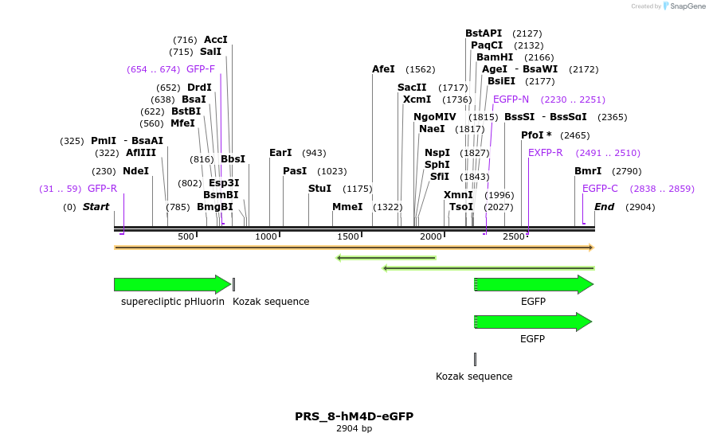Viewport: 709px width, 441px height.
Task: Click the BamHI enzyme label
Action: click(x=495, y=57)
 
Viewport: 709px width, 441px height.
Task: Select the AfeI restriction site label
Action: click(x=383, y=69)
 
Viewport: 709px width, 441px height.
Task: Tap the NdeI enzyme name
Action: click(x=135, y=171)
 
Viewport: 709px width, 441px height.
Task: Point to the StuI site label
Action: click(x=319, y=189)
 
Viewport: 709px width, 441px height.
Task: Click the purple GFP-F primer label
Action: click(x=201, y=69)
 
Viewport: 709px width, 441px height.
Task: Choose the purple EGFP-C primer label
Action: click(x=600, y=189)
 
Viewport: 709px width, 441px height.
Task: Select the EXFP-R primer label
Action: click(x=546, y=153)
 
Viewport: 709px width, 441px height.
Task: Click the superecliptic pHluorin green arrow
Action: click(x=173, y=285)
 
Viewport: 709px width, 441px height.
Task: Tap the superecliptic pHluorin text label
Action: click(x=173, y=302)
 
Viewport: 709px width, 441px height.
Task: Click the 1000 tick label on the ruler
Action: click(x=266, y=236)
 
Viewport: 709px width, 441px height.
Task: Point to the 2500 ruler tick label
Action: click(x=514, y=236)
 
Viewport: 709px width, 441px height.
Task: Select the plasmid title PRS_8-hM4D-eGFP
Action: click(x=354, y=416)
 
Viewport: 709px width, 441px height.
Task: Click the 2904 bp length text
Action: click(x=354, y=428)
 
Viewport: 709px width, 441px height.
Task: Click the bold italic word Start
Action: click(x=96, y=207)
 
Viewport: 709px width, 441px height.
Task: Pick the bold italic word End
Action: click(x=604, y=207)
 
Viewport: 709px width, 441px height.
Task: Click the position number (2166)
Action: click(x=539, y=57)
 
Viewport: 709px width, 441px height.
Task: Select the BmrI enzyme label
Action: click(x=588, y=171)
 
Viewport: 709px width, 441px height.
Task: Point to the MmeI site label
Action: click(x=347, y=207)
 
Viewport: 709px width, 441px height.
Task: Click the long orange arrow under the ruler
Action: click(x=354, y=248)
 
